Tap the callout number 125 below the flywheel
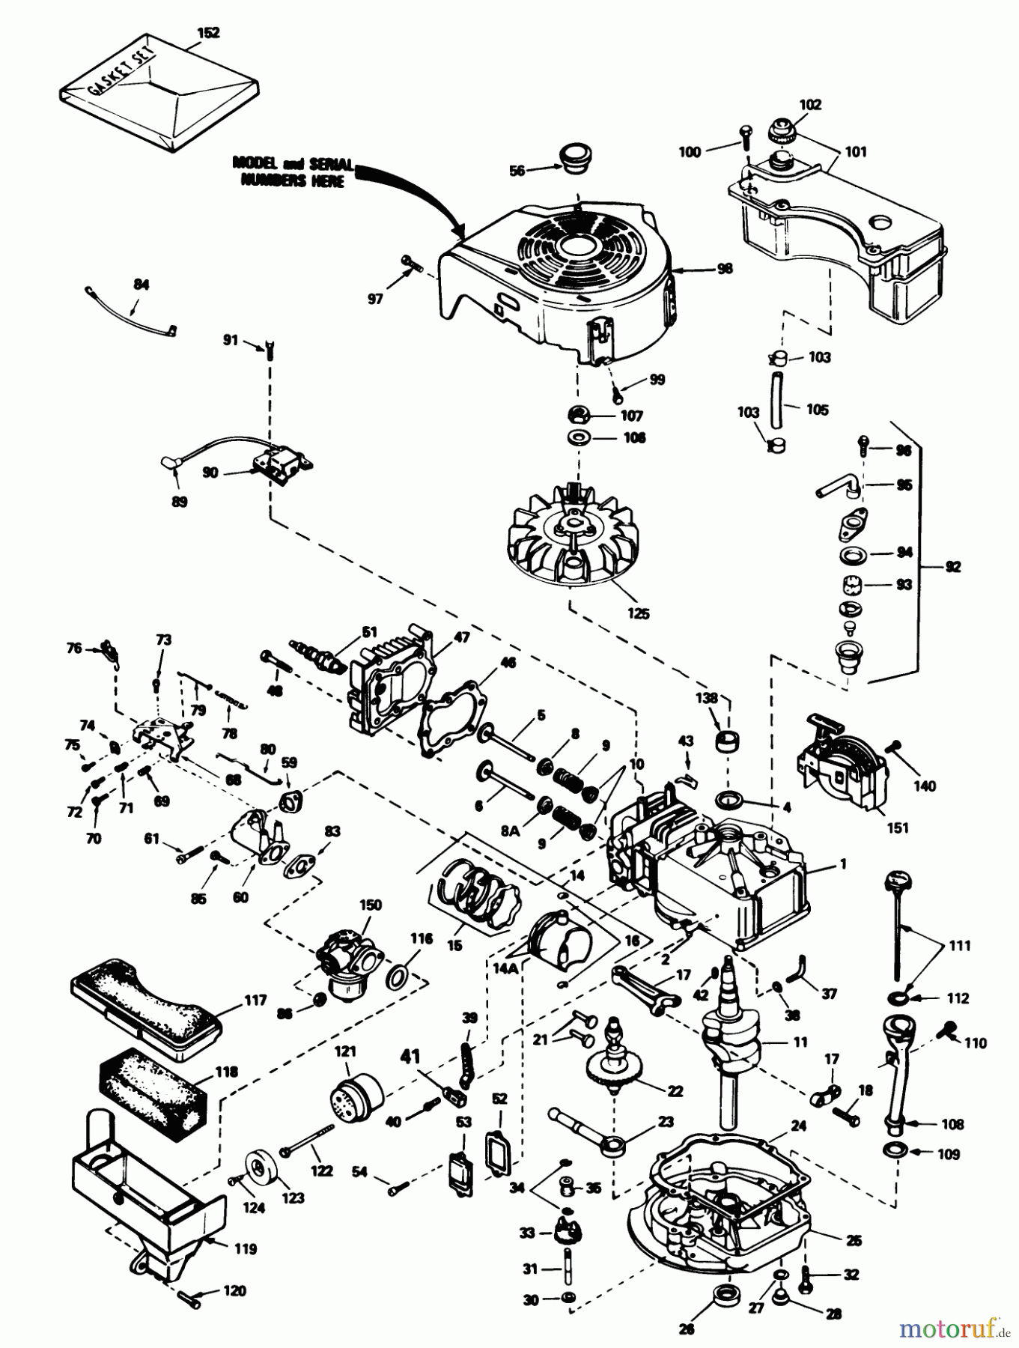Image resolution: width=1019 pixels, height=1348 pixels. (639, 613)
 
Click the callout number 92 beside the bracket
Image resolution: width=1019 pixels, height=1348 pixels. (952, 566)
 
